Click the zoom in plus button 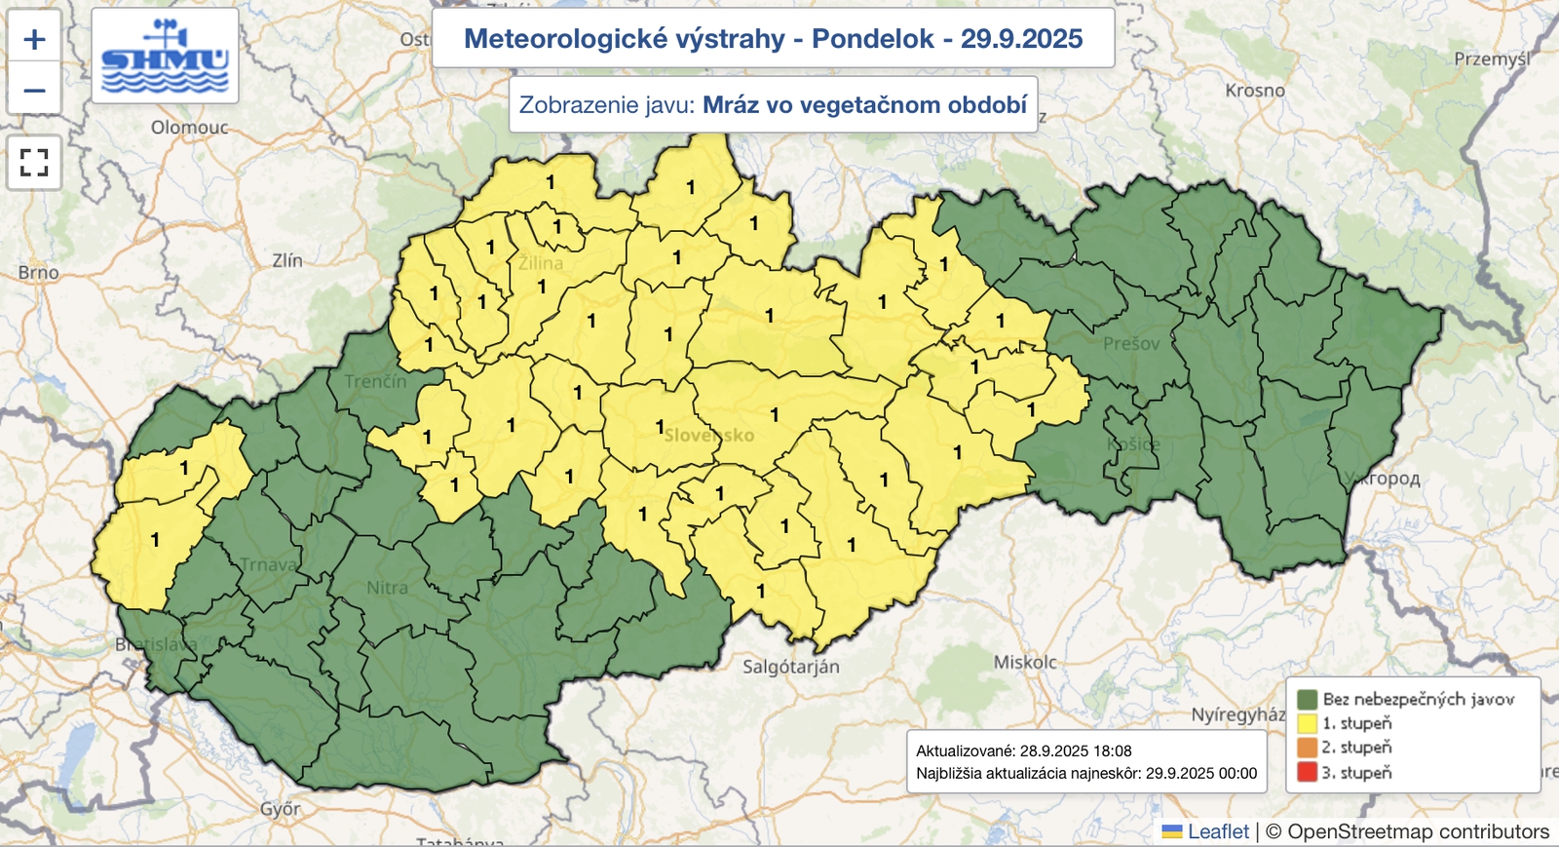[34, 40]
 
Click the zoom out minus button [34, 91]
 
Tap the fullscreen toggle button [34, 162]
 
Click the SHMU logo [165, 58]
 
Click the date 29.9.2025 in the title [1021, 39]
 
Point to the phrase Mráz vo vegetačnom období [864, 104]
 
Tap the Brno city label [38, 273]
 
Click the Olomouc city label [189, 128]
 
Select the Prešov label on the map [1131, 344]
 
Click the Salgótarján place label [790, 668]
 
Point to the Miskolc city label [1025, 663]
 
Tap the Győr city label [280, 809]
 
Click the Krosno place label [1255, 91]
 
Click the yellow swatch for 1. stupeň [1307, 723]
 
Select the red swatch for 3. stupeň [1307, 773]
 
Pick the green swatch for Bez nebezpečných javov [1307, 699]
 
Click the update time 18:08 [1112, 751]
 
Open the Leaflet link [1217, 831]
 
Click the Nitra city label [387, 588]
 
